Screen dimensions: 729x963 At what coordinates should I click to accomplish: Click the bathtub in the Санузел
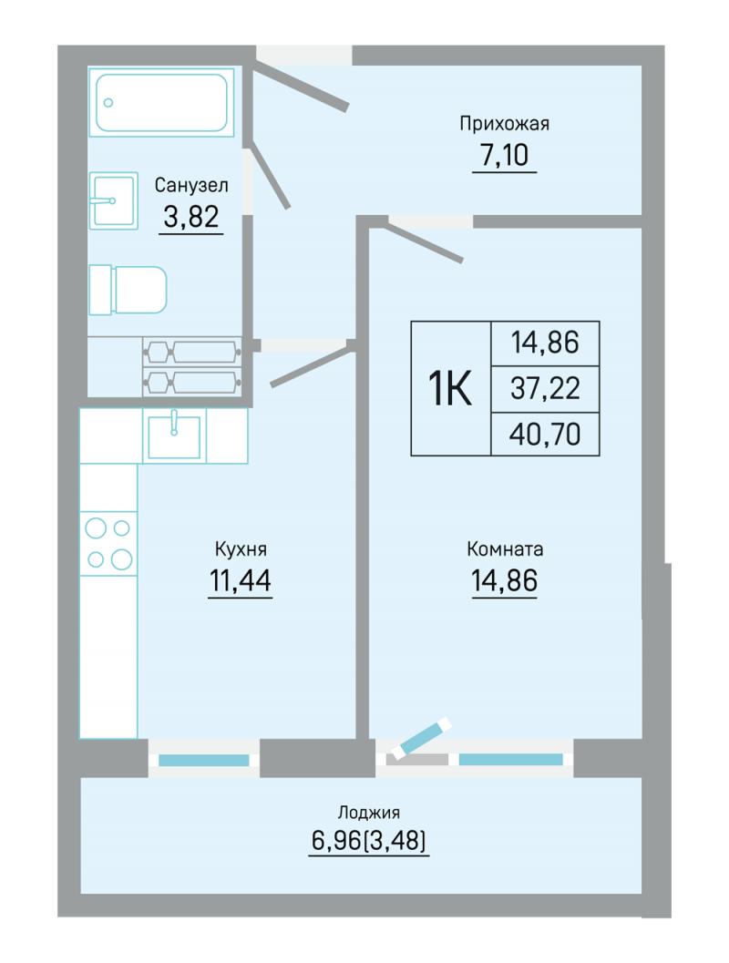tap(161, 102)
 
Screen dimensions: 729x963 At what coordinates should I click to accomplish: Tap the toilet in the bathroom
tap(128, 290)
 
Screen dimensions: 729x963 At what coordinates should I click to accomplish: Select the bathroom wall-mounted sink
tap(113, 200)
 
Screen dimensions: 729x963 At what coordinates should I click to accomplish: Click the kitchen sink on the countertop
tap(174, 435)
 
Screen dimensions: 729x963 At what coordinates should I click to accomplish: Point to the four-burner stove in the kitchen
tap(108, 543)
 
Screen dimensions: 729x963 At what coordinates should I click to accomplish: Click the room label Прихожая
tap(504, 124)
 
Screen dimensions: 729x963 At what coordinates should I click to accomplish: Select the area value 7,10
tap(504, 155)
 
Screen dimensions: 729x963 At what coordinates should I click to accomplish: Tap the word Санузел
tap(191, 185)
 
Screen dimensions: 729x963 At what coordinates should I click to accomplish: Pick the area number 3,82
tap(191, 216)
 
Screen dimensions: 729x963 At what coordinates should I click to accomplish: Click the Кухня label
tap(241, 548)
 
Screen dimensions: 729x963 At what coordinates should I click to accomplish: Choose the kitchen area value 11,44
tap(241, 580)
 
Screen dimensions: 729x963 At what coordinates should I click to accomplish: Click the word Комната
tap(505, 548)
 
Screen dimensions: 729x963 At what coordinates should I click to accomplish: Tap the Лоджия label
tap(368, 813)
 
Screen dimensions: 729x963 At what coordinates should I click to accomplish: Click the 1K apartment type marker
tap(450, 388)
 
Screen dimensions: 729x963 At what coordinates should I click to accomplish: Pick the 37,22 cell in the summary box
tap(545, 389)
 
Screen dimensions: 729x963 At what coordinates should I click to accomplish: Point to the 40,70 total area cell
tap(545, 435)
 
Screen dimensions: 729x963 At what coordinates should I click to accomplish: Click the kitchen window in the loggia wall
tap(204, 760)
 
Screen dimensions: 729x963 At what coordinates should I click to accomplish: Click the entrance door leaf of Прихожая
tap(302, 87)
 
